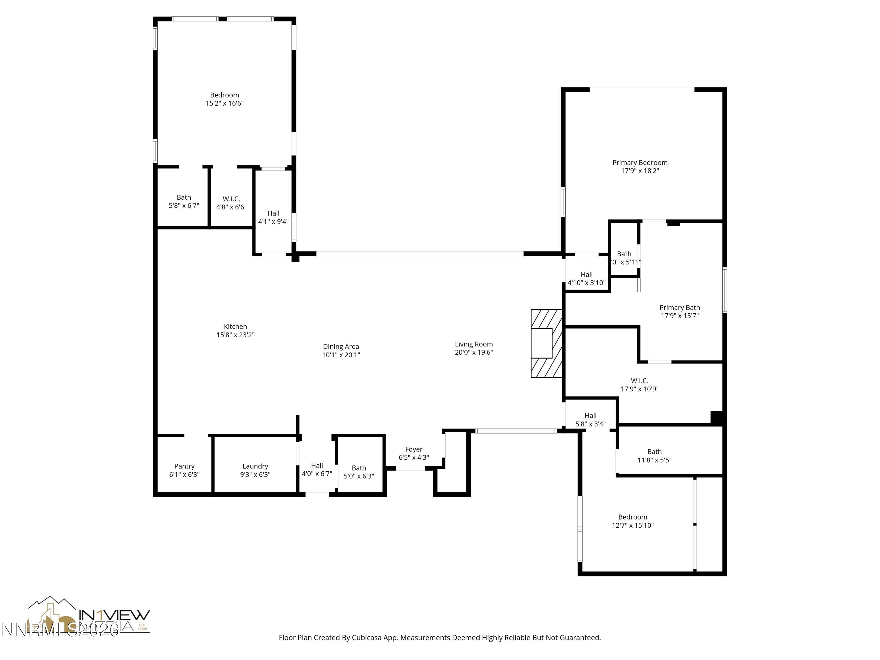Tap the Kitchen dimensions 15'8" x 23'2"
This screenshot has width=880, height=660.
click(235, 335)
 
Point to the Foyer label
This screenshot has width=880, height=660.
click(414, 449)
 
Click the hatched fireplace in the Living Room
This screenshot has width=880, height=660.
click(546, 343)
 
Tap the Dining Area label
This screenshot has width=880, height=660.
click(341, 346)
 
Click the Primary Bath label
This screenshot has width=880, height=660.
click(679, 307)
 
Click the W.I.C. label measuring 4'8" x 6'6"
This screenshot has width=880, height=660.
click(231, 199)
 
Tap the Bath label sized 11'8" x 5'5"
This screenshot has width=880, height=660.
click(654, 451)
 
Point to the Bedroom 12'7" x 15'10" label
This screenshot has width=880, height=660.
click(632, 517)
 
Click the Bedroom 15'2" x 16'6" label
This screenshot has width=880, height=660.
click(224, 95)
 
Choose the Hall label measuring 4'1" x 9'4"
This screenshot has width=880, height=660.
click(273, 213)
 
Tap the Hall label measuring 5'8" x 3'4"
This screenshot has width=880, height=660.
click(590, 416)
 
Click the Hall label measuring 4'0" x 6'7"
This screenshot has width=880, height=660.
click(317, 466)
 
